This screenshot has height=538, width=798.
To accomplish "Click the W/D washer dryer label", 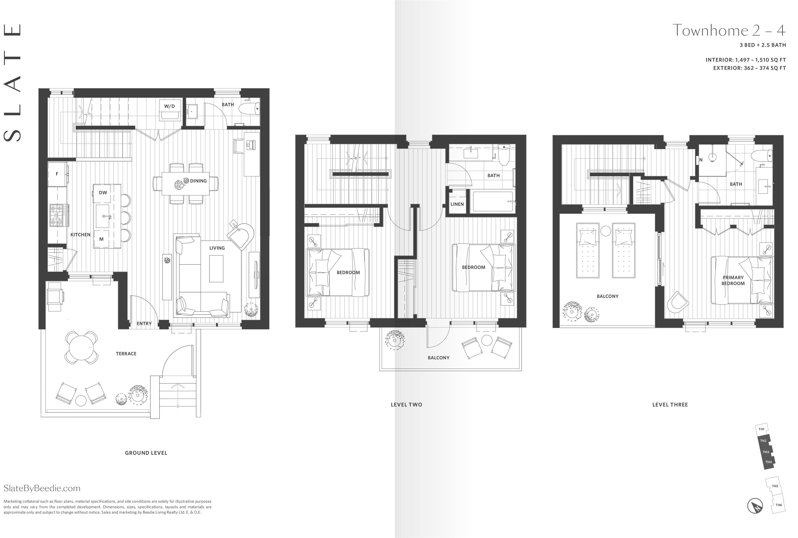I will click(x=169, y=106).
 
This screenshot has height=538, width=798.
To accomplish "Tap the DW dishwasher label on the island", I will click(x=103, y=193).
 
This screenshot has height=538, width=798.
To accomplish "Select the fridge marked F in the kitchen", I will click(x=57, y=174).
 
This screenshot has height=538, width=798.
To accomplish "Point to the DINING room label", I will click(x=198, y=181).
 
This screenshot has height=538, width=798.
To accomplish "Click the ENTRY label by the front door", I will click(x=144, y=323).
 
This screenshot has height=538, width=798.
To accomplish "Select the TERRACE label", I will click(x=126, y=353).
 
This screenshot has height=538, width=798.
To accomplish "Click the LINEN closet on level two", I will click(x=457, y=204).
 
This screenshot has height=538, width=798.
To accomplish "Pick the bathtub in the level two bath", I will click(x=493, y=202).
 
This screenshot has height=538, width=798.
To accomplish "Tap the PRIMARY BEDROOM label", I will click(x=733, y=280).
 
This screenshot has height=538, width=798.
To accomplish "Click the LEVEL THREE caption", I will click(x=670, y=404).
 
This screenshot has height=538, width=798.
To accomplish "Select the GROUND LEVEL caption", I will click(x=146, y=453).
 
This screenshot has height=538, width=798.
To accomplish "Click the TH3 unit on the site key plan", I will click(x=766, y=452).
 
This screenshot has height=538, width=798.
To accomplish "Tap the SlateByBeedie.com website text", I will click(x=42, y=488).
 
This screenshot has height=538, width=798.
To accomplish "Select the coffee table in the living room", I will click(x=216, y=267).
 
